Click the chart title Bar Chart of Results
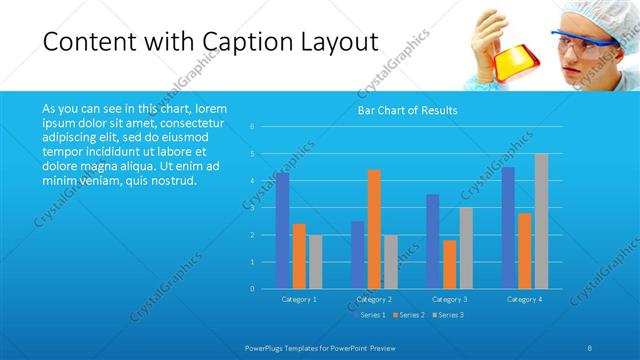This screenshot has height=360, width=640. [407, 110]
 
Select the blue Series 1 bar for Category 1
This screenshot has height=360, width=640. [283, 230]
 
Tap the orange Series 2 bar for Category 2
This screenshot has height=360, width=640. [374, 229]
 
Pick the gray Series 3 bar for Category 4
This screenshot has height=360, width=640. [541, 221]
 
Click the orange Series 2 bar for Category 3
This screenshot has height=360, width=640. [450, 264]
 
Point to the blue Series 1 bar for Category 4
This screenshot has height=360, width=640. [508, 227]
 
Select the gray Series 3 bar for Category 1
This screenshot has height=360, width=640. [316, 261]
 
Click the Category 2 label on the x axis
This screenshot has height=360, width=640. [374, 299]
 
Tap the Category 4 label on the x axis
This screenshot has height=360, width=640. [524, 299]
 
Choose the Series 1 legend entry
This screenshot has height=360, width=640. [371, 315]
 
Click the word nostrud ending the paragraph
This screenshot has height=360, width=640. [176, 181]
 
